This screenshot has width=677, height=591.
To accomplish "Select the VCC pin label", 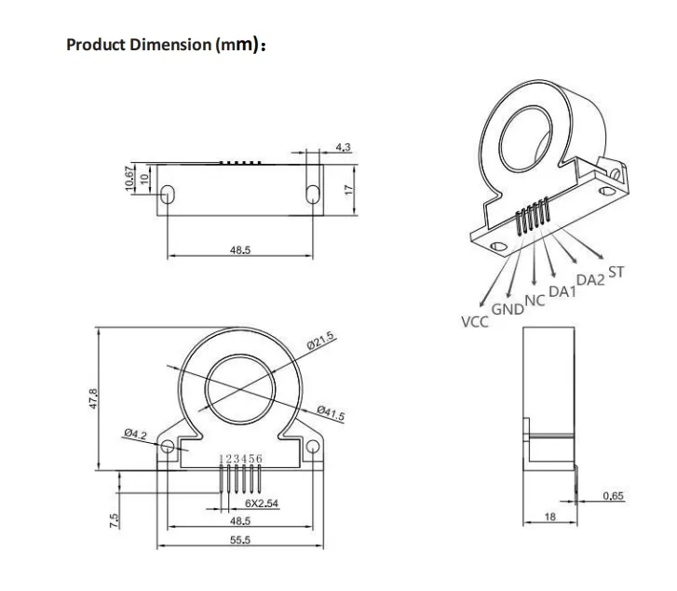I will (475, 322).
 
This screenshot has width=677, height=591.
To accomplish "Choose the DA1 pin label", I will (562, 292).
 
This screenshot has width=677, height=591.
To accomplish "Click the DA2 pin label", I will (590, 280).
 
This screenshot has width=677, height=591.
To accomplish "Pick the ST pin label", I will (616, 273).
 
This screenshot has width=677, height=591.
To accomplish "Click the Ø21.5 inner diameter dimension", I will (319, 342).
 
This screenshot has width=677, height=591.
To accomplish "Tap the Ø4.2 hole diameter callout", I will (135, 434).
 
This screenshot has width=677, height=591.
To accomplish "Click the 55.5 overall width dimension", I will (240, 541).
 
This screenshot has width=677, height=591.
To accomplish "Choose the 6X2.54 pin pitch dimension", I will (262, 504).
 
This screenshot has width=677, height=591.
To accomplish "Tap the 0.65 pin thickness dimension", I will (613, 496).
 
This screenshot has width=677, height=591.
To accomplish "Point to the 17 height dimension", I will (350, 188).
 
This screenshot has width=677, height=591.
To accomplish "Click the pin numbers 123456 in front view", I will (241, 458).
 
